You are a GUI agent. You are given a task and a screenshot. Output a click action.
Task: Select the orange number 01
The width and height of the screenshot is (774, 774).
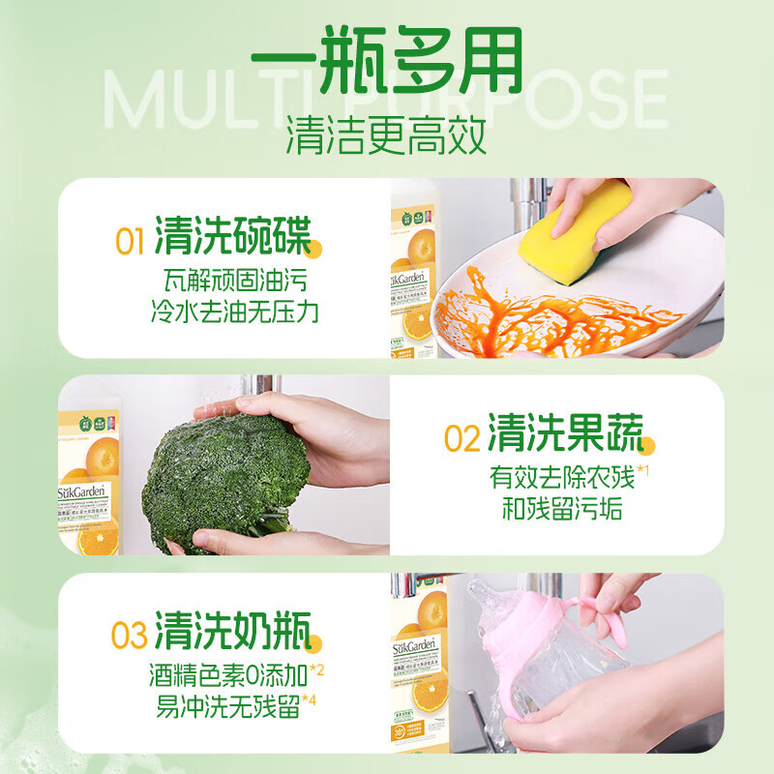click(131, 241)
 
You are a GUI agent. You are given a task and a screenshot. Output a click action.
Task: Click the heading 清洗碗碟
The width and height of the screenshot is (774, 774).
click(232, 238)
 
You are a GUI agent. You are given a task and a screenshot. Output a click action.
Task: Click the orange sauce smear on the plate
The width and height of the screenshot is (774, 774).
click(542, 310)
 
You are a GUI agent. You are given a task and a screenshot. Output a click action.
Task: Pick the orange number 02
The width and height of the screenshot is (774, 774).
click(461, 438)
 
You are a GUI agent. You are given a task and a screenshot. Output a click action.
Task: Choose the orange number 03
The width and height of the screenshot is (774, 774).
click(129, 637)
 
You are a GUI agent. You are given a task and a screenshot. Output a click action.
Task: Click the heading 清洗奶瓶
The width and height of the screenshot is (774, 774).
click(232, 634)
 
